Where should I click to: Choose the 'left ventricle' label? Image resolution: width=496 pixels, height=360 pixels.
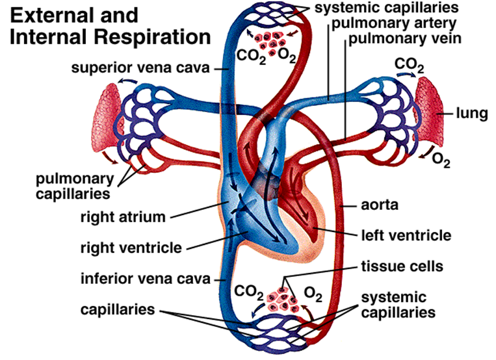(x=398, y=234)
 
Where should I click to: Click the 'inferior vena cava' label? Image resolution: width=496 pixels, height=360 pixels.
(x=145, y=280)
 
